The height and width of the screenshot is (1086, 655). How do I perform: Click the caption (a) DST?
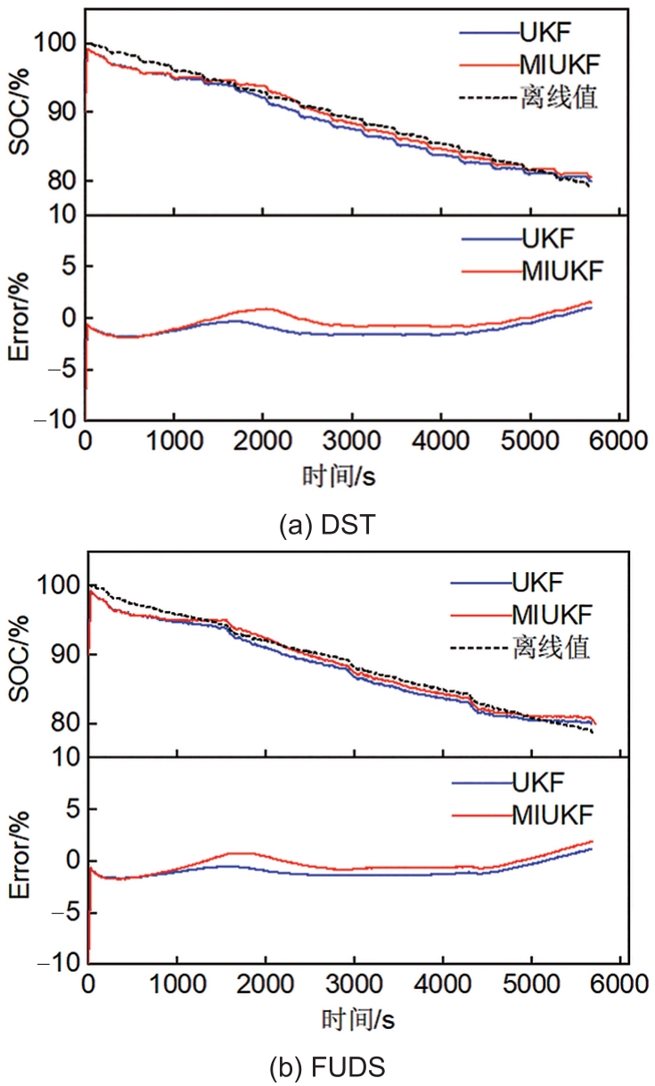coord(326,526)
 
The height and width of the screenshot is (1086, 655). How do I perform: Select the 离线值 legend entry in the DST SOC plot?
coord(558,96)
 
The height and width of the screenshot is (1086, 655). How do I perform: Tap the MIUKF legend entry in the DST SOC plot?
coord(559,63)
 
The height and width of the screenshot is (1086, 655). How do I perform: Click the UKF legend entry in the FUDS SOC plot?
coord(539,584)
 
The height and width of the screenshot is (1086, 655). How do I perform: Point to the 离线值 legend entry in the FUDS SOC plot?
coord(550,647)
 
